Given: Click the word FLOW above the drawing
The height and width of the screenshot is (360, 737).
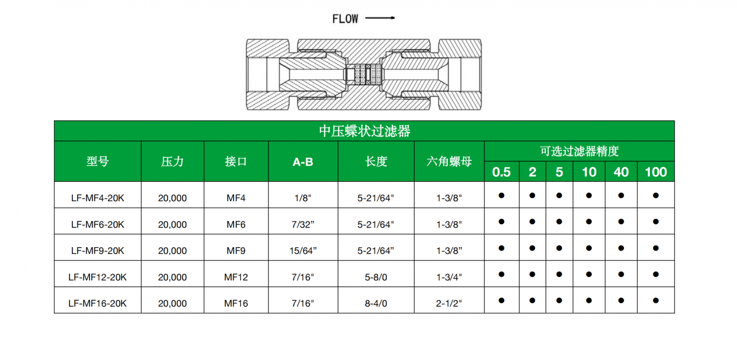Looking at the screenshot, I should pyautogui.click(x=345, y=19).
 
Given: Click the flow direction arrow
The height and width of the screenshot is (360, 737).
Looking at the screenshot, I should pyautogui.click(x=380, y=18).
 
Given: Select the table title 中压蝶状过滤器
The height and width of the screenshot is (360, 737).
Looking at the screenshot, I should pyautogui.click(x=364, y=131).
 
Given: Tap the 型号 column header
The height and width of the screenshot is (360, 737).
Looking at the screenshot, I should pyautogui.click(x=98, y=162).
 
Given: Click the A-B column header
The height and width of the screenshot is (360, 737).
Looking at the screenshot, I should pyautogui.click(x=303, y=162).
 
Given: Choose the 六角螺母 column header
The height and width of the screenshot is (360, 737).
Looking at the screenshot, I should pyautogui.click(x=449, y=162).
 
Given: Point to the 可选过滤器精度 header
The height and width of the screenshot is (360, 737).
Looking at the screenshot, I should pyautogui.click(x=579, y=151).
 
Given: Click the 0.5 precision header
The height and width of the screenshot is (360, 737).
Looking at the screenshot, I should pyautogui.click(x=501, y=172).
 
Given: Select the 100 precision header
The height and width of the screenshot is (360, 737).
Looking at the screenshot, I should pyautogui.click(x=655, y=172).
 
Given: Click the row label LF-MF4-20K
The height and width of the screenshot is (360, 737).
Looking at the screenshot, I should pyautogui.click(x=98, y=198).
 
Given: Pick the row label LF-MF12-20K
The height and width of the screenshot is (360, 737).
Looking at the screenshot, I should pyautogui.click(x=98, y=277).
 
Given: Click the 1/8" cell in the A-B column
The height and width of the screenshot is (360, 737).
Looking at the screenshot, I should pyautogui.click(x=303, y=198).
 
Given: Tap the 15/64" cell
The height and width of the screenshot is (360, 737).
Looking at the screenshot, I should pyautogui.click(x=303, y=251).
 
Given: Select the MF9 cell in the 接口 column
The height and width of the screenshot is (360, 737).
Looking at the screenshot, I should pyautogui.click(x=236, y=251).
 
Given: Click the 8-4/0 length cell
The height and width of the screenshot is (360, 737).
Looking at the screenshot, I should pyautogui.click(x=376, y=303).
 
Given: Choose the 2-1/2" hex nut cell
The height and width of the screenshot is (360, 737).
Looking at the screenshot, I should pyautogui.click(x=449, y=303).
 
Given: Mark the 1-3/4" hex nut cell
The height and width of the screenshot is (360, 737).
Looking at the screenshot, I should pyautogui.click(x=449, y=277).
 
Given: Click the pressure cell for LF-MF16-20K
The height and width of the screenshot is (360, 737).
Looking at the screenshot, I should pyautogui.click(x=172, y=303).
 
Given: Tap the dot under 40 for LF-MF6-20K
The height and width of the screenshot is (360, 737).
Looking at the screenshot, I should pyautogui.click(x=621, y=222).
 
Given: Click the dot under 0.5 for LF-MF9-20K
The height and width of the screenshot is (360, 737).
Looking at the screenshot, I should pyautogui.click(x=501, y=248).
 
